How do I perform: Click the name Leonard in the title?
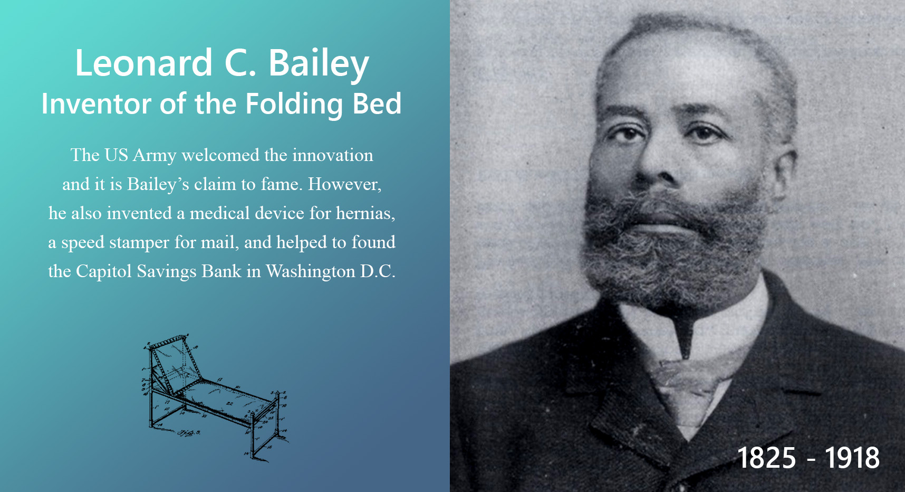[144, 63]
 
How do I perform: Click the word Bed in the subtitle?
[377, 103]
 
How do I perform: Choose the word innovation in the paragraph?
[333, 155]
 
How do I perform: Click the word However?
[344, 184]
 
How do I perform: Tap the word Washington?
[311, 272]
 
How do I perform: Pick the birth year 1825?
[766, 458]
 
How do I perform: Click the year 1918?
[852, 458]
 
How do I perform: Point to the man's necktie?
[688, 391]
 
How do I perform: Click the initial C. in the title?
[240, 63]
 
